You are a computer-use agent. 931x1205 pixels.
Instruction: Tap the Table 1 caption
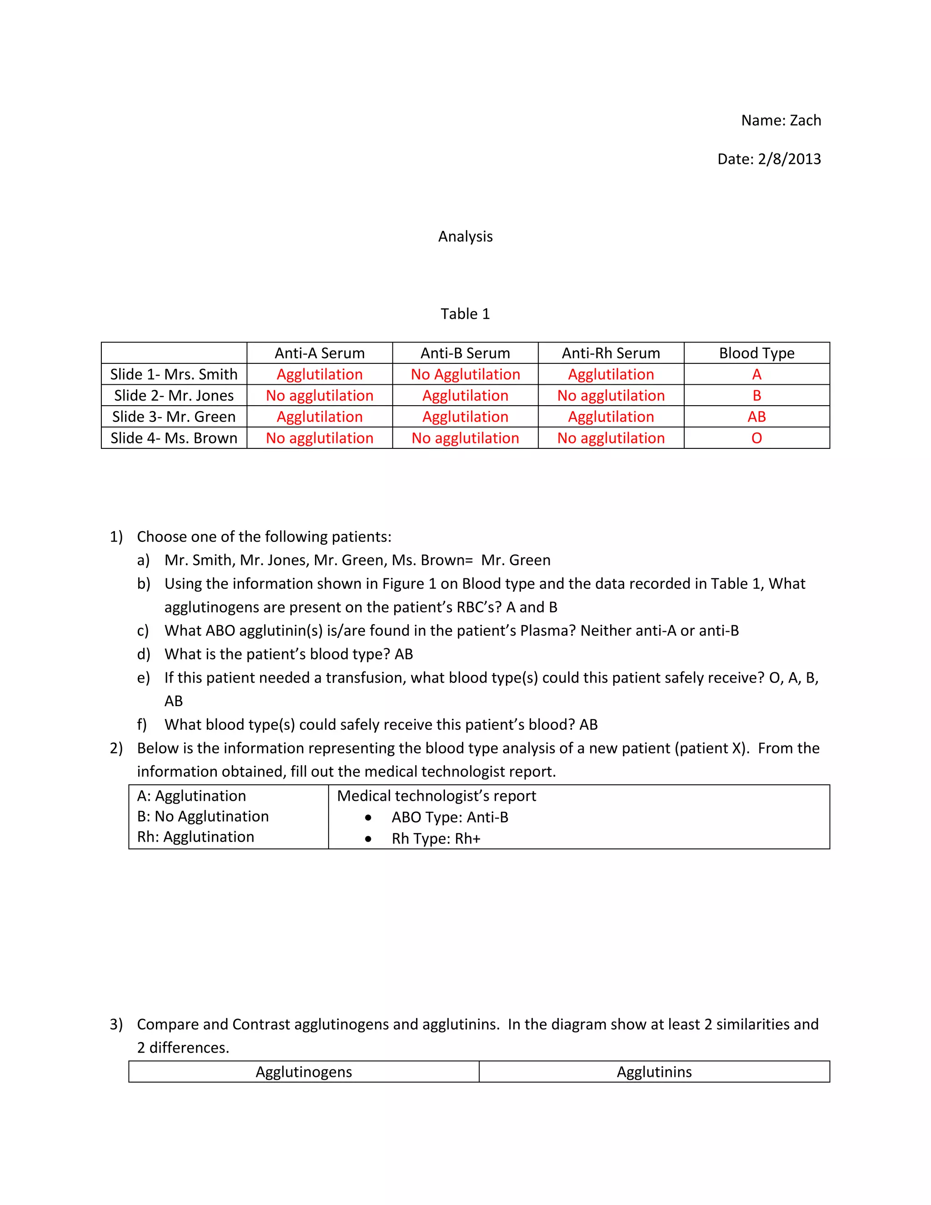(465, 314)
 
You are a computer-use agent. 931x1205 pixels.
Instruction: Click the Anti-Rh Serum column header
(611, 353)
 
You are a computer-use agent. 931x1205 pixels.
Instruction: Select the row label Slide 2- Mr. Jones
(174, 396)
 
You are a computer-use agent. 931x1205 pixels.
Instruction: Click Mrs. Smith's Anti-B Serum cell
(465, 375)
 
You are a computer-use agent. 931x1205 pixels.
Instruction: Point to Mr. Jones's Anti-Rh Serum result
(611, 396)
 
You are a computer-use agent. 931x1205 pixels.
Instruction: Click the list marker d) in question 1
(143, 654)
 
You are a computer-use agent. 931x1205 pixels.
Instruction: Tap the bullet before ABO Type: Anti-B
(368, 818)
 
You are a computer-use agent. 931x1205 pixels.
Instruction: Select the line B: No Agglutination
(202, 817)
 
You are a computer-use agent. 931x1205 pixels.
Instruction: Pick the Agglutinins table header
(654, 1072)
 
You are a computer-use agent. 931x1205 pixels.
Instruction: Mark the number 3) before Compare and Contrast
(116, 1024)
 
